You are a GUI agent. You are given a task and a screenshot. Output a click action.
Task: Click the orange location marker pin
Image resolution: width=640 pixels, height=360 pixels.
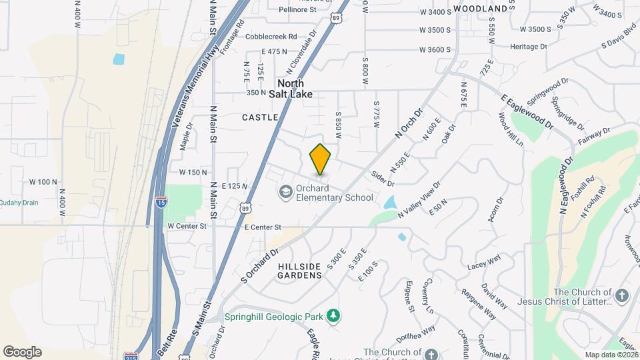(321, 160)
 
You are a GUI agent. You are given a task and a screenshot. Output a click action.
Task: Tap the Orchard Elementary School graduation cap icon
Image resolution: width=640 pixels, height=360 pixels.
(285, 192)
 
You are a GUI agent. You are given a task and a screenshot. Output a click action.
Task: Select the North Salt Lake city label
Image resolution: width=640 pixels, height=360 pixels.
(291, 89)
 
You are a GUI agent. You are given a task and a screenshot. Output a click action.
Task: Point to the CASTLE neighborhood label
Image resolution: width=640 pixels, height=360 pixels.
(260, 117)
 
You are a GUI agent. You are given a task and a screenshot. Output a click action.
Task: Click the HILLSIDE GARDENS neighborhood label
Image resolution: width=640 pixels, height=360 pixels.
(299, 270)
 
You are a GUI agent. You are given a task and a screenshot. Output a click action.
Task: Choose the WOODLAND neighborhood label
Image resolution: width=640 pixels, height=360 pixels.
(480, 9)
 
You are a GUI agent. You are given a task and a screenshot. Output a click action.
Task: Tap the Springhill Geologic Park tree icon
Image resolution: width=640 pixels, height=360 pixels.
(337, 315)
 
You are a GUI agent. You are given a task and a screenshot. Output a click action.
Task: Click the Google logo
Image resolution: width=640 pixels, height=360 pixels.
(22, 351)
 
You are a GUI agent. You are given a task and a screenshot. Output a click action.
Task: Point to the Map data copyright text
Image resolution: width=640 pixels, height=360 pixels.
(611, 355)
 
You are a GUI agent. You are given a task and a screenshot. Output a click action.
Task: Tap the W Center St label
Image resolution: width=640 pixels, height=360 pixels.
(187, 226)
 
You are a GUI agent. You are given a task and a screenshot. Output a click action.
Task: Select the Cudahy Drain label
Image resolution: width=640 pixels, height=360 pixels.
(19, 203)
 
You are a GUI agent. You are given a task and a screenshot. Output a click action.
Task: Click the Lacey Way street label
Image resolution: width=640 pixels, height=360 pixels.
(484, 261)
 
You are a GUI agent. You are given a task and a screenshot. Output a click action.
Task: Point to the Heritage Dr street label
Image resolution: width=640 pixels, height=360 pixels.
(528, 47)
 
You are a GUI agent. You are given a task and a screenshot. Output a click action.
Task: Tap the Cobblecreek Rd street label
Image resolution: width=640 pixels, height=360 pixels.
(271, 37)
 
